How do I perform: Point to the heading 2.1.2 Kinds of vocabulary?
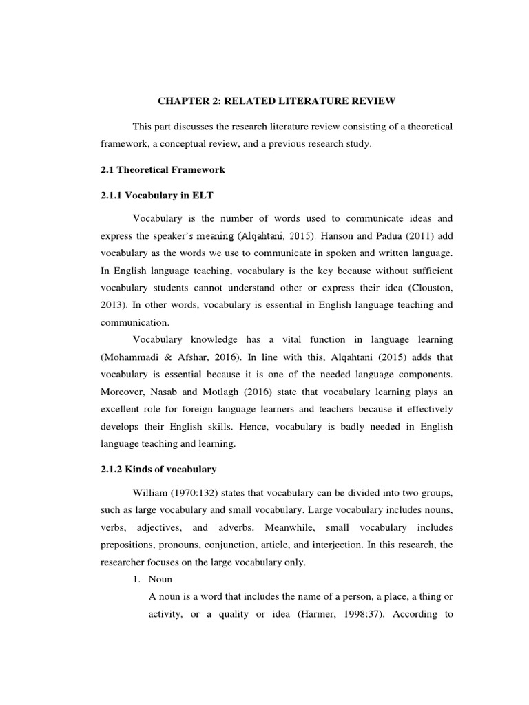point(158,470)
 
